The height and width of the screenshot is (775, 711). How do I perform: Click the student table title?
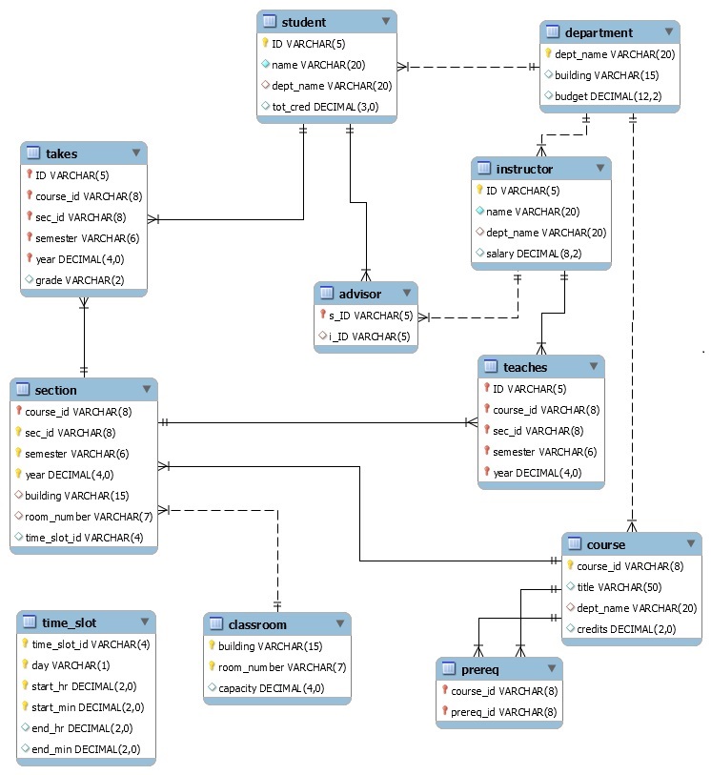304,22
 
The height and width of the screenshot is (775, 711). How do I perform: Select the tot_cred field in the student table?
325,107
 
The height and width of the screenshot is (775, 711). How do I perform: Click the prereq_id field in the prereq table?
503,712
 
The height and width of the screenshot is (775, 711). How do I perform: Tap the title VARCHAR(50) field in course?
624,587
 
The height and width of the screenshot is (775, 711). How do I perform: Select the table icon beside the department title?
553,32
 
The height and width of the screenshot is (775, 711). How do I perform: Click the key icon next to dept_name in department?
549,54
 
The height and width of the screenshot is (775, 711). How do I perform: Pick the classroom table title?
257,624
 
